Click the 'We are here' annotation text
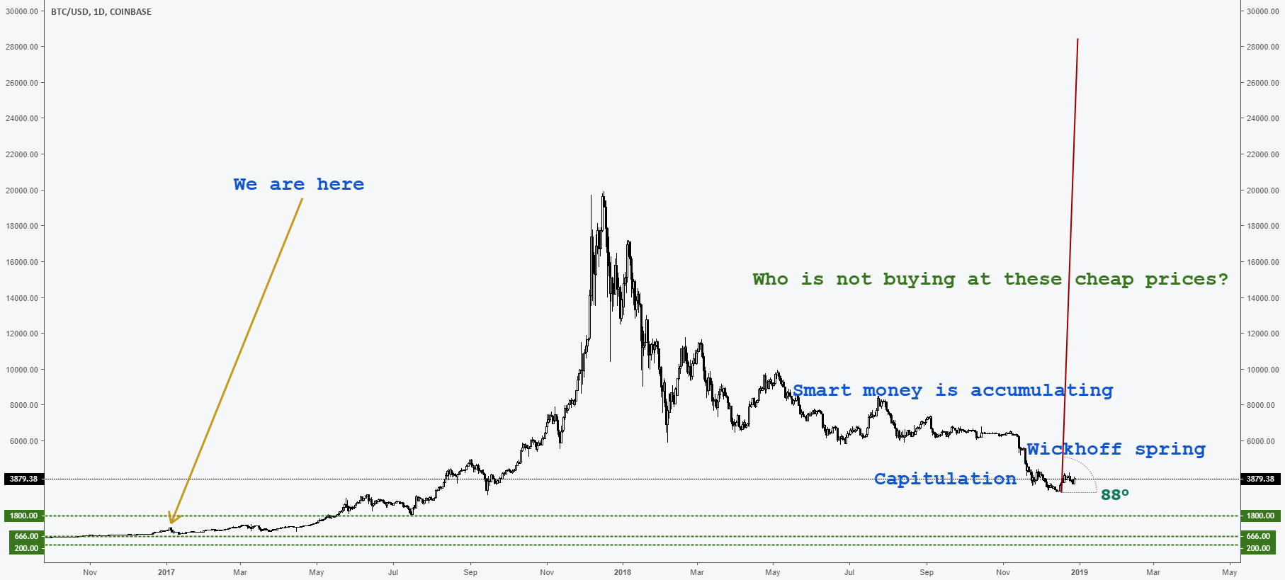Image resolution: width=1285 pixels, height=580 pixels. pos(298,184)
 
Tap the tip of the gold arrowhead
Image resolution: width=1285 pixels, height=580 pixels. pos(171,523)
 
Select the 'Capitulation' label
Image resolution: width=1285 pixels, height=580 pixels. pos(945,479)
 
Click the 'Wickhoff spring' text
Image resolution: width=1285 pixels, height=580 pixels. pos(1116,449)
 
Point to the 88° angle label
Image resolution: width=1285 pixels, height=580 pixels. pos(1114,494)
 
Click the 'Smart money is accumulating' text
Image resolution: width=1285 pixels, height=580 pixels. pos(953,390)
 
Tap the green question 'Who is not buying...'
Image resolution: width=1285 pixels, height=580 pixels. pos(990,279)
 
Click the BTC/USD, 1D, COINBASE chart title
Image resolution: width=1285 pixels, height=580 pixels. pos(101,12)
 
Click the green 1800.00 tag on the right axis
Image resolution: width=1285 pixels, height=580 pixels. pos(1260,516)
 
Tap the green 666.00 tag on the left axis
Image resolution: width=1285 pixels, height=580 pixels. pos(26,536)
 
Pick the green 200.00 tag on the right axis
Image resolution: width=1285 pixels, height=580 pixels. pos(1258,548)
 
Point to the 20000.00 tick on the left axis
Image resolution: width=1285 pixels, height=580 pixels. pos(22,191)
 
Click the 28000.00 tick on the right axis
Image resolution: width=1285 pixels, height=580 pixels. pos(1262,47)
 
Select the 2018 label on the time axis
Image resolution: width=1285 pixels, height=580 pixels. pos(622,572)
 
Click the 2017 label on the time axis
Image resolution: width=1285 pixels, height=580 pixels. pos(166,572)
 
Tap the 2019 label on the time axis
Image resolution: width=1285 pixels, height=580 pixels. pos(1078,572)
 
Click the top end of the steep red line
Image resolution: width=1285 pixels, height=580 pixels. pos(1077,39)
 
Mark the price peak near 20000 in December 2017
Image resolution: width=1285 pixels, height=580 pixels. pos(603,193)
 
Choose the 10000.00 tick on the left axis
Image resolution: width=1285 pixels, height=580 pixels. pos(22,370)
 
